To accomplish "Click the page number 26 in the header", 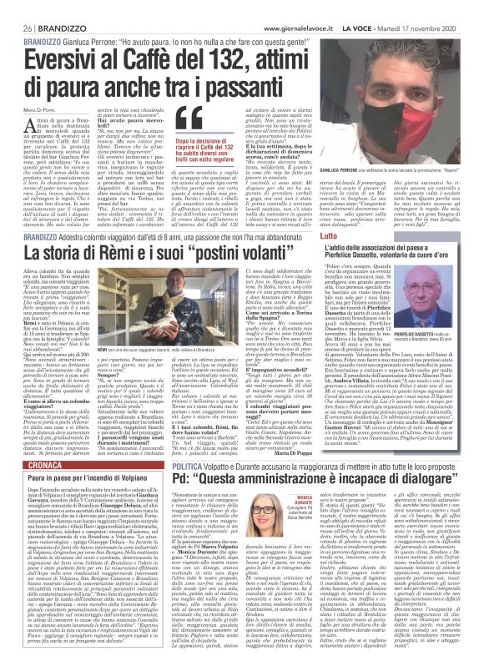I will coord(14,6).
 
